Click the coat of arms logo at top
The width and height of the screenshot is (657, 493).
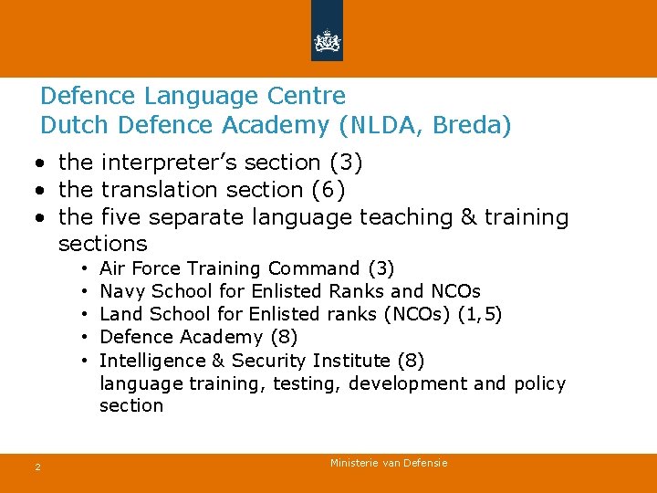(327, 40)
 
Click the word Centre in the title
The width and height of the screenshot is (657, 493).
(311, 96)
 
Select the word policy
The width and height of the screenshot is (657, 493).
(539, 383)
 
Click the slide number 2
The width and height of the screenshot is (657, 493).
(37, 467)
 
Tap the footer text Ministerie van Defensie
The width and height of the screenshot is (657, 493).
(389, 464)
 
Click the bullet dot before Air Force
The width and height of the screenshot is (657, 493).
(83, 269)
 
